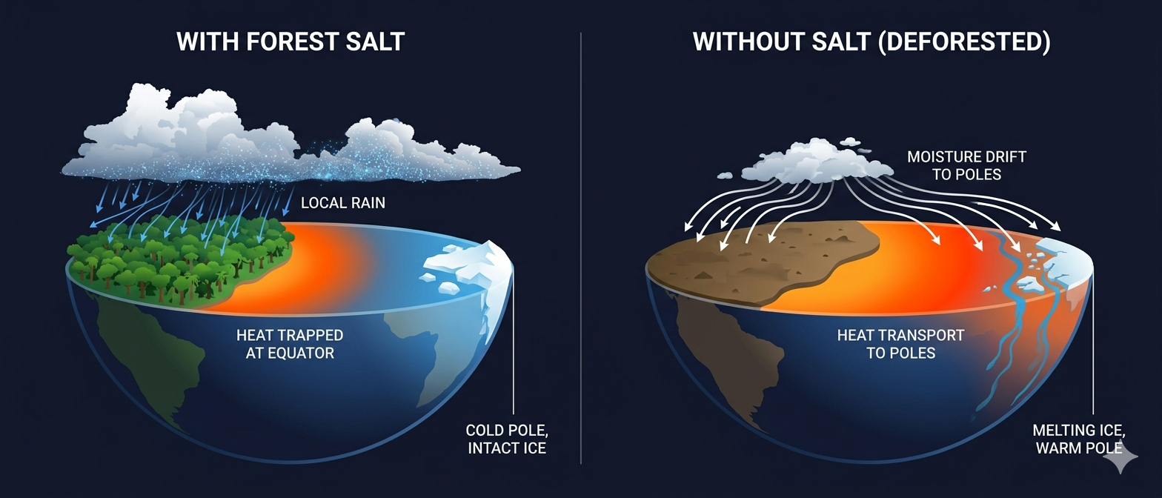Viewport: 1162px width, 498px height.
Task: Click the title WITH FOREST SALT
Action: (290, 41)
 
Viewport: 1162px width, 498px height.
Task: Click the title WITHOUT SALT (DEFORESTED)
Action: (871, 41)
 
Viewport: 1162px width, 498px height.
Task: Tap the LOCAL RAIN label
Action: (343, 202)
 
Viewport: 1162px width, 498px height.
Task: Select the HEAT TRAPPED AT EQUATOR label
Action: (290, 344)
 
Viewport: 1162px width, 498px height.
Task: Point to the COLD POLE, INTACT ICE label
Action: (507, 439)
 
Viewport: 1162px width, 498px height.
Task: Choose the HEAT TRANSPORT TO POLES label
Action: (900, 344)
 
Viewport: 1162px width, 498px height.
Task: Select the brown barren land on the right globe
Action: (763, 259)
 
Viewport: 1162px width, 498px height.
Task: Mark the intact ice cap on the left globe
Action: (467, 267)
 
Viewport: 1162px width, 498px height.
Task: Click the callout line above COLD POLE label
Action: (513, 341)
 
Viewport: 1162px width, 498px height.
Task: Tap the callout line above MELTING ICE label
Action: (1093, 341)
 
